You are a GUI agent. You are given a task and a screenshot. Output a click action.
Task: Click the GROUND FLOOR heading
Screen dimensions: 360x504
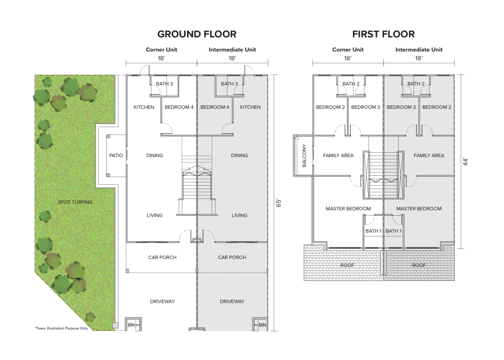click(x=196, y=34)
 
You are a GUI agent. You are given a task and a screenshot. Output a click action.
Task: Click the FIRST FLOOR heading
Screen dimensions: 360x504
click(x=383, y=34)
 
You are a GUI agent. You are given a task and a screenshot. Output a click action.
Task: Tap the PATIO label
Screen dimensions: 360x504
click(x=116, y=156)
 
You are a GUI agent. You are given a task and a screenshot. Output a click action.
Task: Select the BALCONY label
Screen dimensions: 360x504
click(x=304, y=156)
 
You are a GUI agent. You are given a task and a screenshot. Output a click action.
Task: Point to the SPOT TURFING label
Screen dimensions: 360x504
click(x=75, y=202)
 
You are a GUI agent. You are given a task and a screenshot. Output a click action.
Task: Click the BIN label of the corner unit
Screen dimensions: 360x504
click(x=131, y=325)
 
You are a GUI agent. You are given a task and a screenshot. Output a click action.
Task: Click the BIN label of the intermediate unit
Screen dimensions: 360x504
click(x=262, y=325)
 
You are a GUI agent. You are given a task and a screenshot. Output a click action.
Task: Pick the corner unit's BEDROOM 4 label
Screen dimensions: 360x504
click(x=179, y=107)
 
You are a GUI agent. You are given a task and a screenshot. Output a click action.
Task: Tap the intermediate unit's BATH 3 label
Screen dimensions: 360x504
click(x=229, y=84)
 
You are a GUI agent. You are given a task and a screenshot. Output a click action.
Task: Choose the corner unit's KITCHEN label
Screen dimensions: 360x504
click(x=144, y=107)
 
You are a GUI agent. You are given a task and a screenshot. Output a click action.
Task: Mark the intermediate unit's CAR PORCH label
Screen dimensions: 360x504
click(x=232, y=258)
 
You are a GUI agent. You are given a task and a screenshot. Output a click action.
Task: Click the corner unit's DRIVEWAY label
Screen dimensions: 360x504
click(x=162, y=301)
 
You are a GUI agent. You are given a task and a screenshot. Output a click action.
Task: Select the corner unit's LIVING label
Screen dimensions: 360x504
click(x=155, y=215)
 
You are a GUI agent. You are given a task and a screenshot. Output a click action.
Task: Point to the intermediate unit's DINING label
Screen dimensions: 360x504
click(x=239, y=156)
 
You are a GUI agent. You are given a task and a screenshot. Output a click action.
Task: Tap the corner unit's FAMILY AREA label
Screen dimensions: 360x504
click(x=338, y=156)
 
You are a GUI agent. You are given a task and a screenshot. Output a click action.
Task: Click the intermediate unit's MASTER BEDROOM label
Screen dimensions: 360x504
click(x=419, y=209)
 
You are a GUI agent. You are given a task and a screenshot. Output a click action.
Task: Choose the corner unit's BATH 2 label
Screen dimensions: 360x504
click(x=351, y=84)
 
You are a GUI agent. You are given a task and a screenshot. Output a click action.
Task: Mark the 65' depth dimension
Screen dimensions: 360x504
click(x=278, y=202)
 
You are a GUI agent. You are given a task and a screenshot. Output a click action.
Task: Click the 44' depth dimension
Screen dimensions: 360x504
click(x=465, y=162)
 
